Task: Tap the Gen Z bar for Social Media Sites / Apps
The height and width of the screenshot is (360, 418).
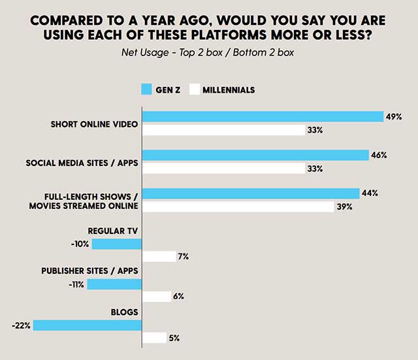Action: tap(255, 155)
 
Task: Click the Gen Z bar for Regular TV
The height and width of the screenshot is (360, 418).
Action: tap(117, 244)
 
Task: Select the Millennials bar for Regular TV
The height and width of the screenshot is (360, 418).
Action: tap(159, 257)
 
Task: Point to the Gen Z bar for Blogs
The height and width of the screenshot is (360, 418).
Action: tap(88, 325)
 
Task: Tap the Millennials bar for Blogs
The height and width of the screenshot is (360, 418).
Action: tap(154, 338)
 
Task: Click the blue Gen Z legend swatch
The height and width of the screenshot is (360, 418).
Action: tap(146, 89)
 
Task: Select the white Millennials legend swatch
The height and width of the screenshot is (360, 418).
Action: tap(195, 89)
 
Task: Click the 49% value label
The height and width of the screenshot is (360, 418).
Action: tap(394, 117)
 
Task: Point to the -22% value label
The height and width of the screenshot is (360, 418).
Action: tap(22, 325)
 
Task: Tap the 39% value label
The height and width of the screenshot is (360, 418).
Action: tap(345, 206)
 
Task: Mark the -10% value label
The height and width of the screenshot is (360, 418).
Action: tap(81, 244)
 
